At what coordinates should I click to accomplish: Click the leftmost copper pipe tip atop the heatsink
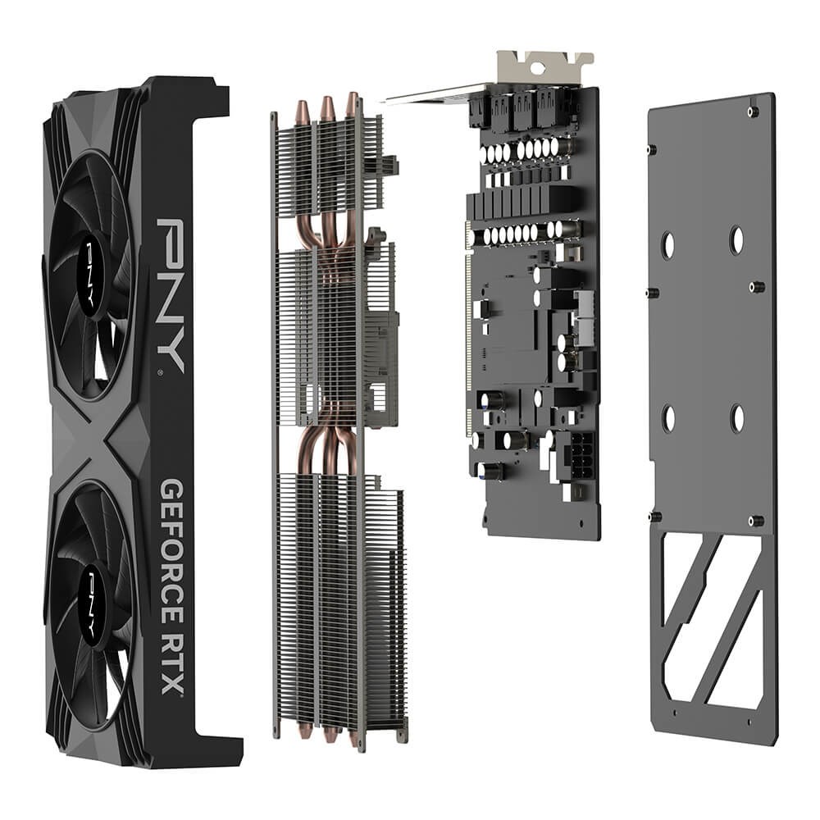303,112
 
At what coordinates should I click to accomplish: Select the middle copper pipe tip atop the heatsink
327,107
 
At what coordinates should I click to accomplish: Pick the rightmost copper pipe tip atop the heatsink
352,103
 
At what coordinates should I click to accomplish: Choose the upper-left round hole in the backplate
668,244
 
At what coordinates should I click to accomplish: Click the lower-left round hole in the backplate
668,418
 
